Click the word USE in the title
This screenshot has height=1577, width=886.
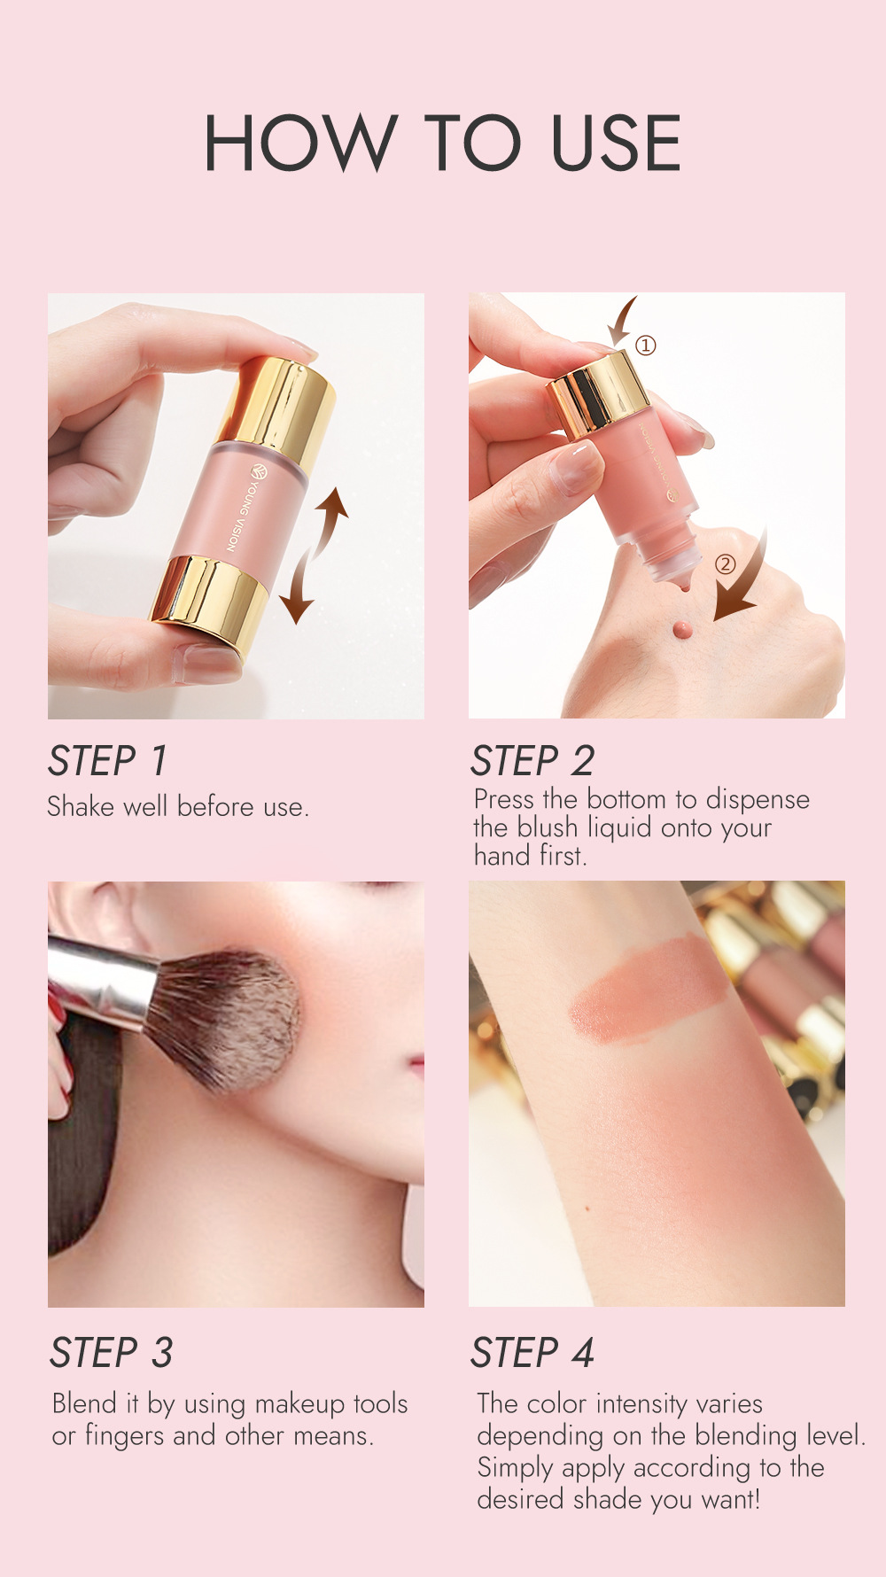coord(616,143)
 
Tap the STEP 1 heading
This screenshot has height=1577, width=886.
coord(107,761)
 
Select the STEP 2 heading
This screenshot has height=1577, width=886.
coord(532,761)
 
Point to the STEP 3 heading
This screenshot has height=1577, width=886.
coord(111,1353)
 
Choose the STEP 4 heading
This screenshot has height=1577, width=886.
coord(532,1353)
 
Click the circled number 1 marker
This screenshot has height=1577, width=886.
coord(646,346)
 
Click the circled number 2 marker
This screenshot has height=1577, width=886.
coord(725,563)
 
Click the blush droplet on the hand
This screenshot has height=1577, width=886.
coord(681,628)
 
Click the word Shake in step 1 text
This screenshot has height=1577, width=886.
coord(81,807)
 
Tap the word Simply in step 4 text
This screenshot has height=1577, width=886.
coord(516,1468)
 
